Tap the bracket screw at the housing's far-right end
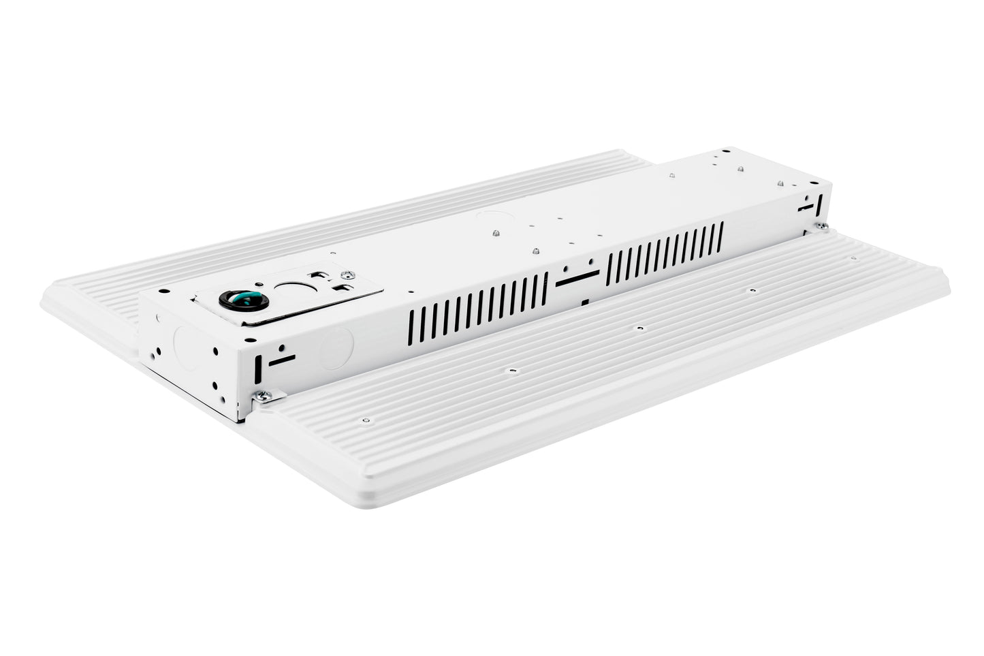pos(823,225)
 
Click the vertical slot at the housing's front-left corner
pos(258,371)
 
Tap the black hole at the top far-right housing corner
pos(727,151)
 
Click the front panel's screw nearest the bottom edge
pos(366,420)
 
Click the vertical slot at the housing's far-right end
pos(819,204)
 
